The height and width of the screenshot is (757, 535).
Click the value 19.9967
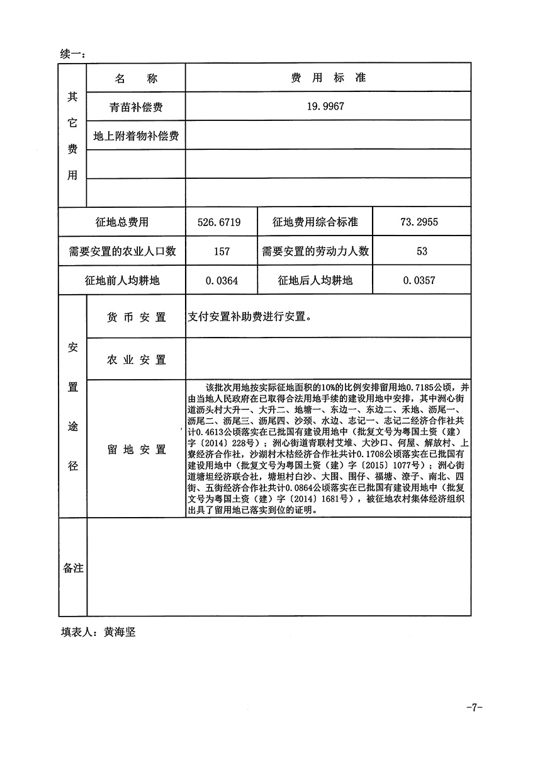(325, 107)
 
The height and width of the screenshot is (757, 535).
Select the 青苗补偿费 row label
(136, 107)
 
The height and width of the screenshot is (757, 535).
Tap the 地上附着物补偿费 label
(136, 136)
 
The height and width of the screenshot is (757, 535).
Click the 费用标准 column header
(328, 78)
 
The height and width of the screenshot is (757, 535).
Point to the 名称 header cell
(136, 79)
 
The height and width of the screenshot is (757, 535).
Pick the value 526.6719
(218, 222)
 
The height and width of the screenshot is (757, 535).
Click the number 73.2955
(422, 222)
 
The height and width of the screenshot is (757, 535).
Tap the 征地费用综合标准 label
(315, 222)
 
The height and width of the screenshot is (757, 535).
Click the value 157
(222, 251)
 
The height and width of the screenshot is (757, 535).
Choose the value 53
(422, 251)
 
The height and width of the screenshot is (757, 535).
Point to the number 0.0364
(222, 280)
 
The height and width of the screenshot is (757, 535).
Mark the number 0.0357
(422, 280)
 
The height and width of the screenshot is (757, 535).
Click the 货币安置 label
(136, 317)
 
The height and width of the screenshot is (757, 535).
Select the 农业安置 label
(136, 360)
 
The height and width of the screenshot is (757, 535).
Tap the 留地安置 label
(136, 449)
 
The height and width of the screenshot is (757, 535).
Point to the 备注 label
(73, 568)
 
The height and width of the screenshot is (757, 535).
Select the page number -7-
(474, 707)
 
